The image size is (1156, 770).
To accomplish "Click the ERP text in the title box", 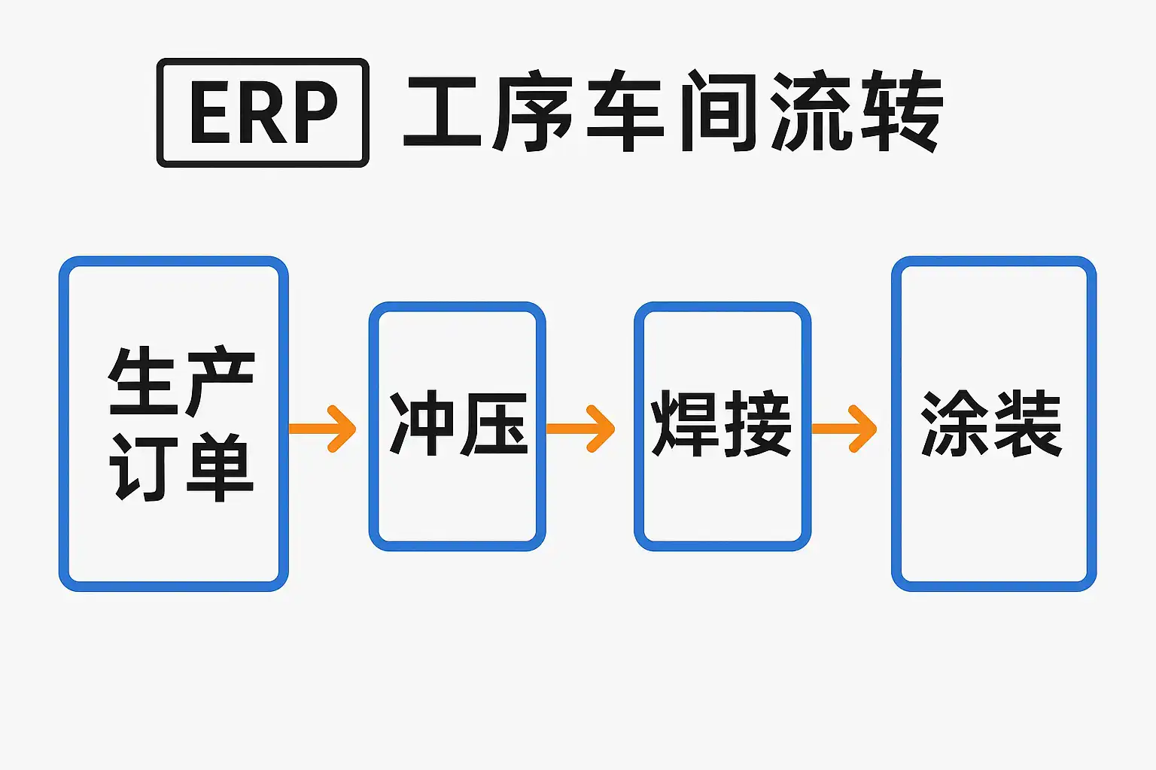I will [263, 112].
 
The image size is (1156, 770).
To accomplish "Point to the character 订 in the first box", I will [143, 467].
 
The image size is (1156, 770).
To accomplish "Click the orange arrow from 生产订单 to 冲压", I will [324, 429].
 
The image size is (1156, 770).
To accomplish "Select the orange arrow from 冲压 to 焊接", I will [582, 429].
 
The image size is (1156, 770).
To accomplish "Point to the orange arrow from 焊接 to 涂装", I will [845, 429].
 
